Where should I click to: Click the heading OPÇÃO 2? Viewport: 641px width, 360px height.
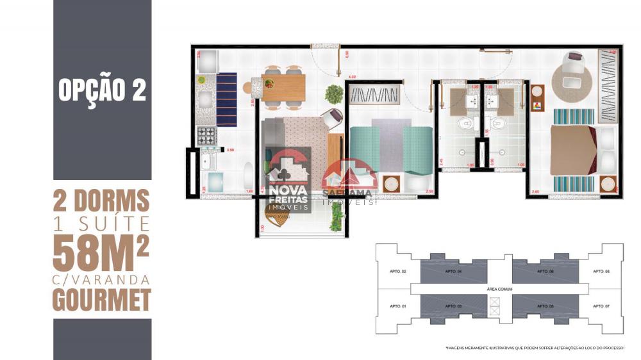point(102,90)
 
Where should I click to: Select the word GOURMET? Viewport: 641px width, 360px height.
point(102,299)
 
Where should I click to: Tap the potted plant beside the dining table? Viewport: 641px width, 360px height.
point(334,94)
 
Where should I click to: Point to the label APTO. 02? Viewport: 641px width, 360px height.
point(398,272)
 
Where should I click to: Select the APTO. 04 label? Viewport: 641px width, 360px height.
point(453,272)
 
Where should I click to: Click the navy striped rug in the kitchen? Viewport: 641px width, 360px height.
point(226,100)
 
